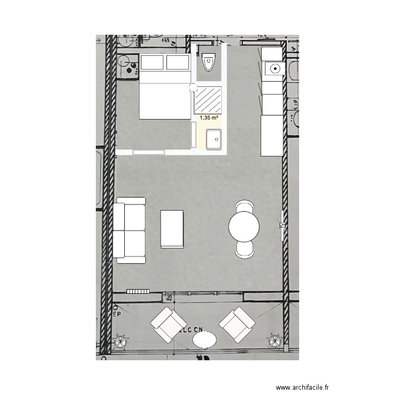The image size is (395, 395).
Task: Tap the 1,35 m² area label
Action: tap(209, 118)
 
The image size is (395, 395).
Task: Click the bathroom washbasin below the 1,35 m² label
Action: tap(214, 140)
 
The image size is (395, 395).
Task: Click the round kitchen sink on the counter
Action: tap(274, 68)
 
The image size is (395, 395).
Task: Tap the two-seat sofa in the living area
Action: tap(130, 230)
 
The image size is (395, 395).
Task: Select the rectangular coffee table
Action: tap(172, 229)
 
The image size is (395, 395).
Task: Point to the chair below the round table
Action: tap(245, 250)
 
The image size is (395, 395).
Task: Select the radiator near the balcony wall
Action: tap(138, 291)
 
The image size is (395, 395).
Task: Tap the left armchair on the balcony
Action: tap(169, 325)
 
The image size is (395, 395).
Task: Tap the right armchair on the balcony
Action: tap(237, 325)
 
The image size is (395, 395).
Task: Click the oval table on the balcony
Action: tap(204, 339)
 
